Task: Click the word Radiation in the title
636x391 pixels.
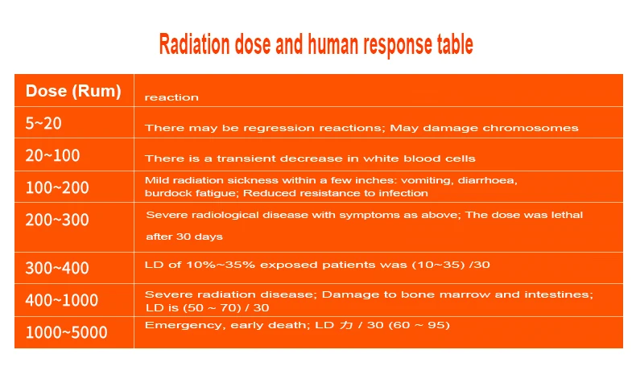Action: pos(194,43)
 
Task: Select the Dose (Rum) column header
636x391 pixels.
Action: pos(73,91)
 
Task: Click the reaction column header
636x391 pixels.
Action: pos(171,97)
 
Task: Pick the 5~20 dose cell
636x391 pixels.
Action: pos(43,123)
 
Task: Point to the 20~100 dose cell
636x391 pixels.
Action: pos(52,155)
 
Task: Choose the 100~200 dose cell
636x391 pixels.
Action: pos(57,187)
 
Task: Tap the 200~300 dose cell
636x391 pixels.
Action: pos(57,220)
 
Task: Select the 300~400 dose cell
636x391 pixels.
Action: pos(57,268)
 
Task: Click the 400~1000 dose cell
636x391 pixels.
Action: pos(62,300)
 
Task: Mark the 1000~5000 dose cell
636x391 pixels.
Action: pos(67,332)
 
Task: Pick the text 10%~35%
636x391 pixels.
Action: pos(221,265)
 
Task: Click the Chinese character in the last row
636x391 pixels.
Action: pos(346,325)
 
